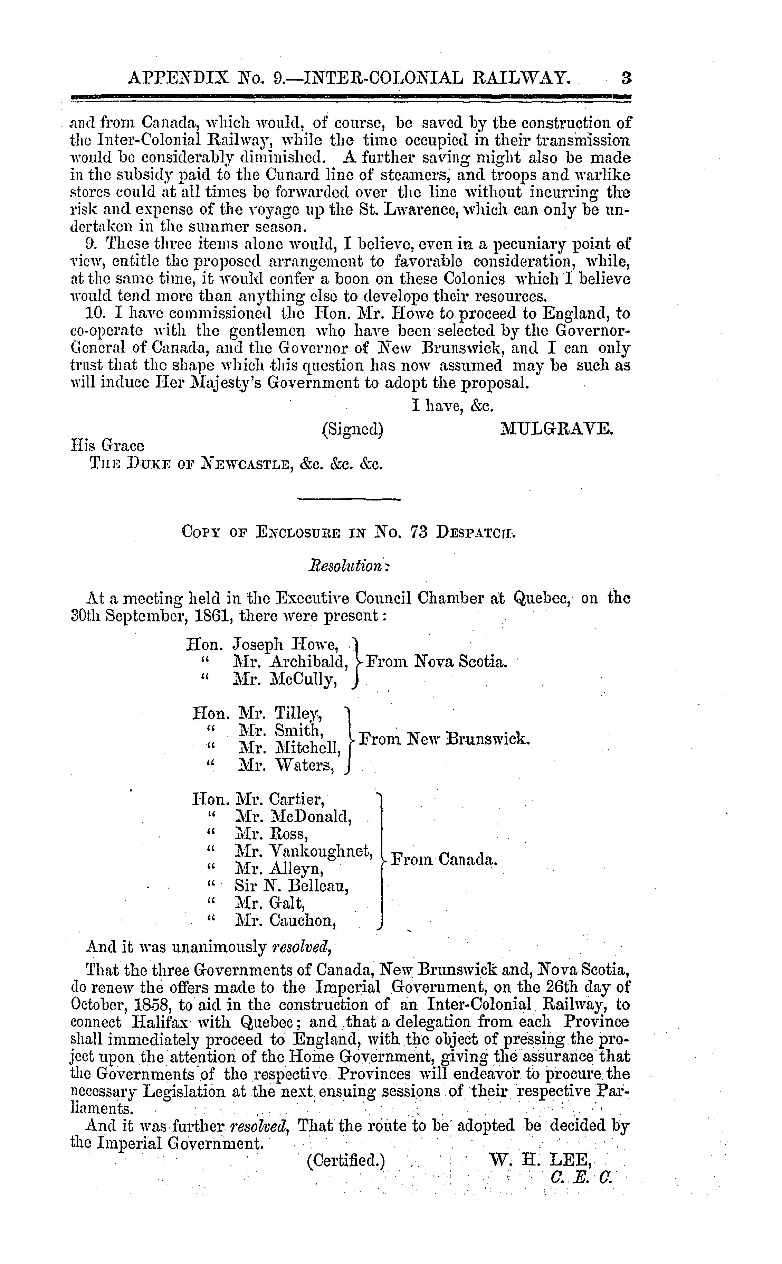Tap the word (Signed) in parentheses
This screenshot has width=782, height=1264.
tap(352, 429)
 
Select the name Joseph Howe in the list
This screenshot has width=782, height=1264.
tap(286, 644)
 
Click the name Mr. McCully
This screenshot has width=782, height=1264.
tap(286, 679)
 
